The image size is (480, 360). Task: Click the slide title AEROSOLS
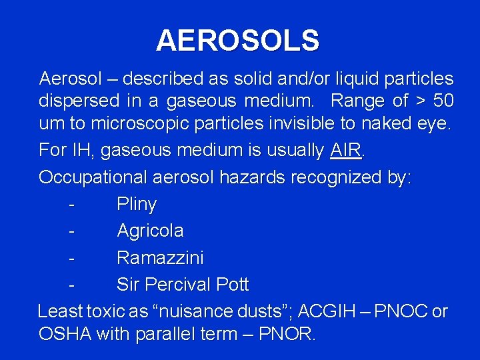(237, 41)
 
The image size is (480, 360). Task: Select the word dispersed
(79, 102)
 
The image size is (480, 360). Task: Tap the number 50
(443, 101)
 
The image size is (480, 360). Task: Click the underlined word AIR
(345, 151)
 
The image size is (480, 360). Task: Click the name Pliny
(137, 205)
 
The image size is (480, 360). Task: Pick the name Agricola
(150, 231)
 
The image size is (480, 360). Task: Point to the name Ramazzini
(160, 257)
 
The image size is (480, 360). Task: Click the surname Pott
(232, 285)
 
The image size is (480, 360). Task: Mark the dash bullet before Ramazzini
(70, 257)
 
